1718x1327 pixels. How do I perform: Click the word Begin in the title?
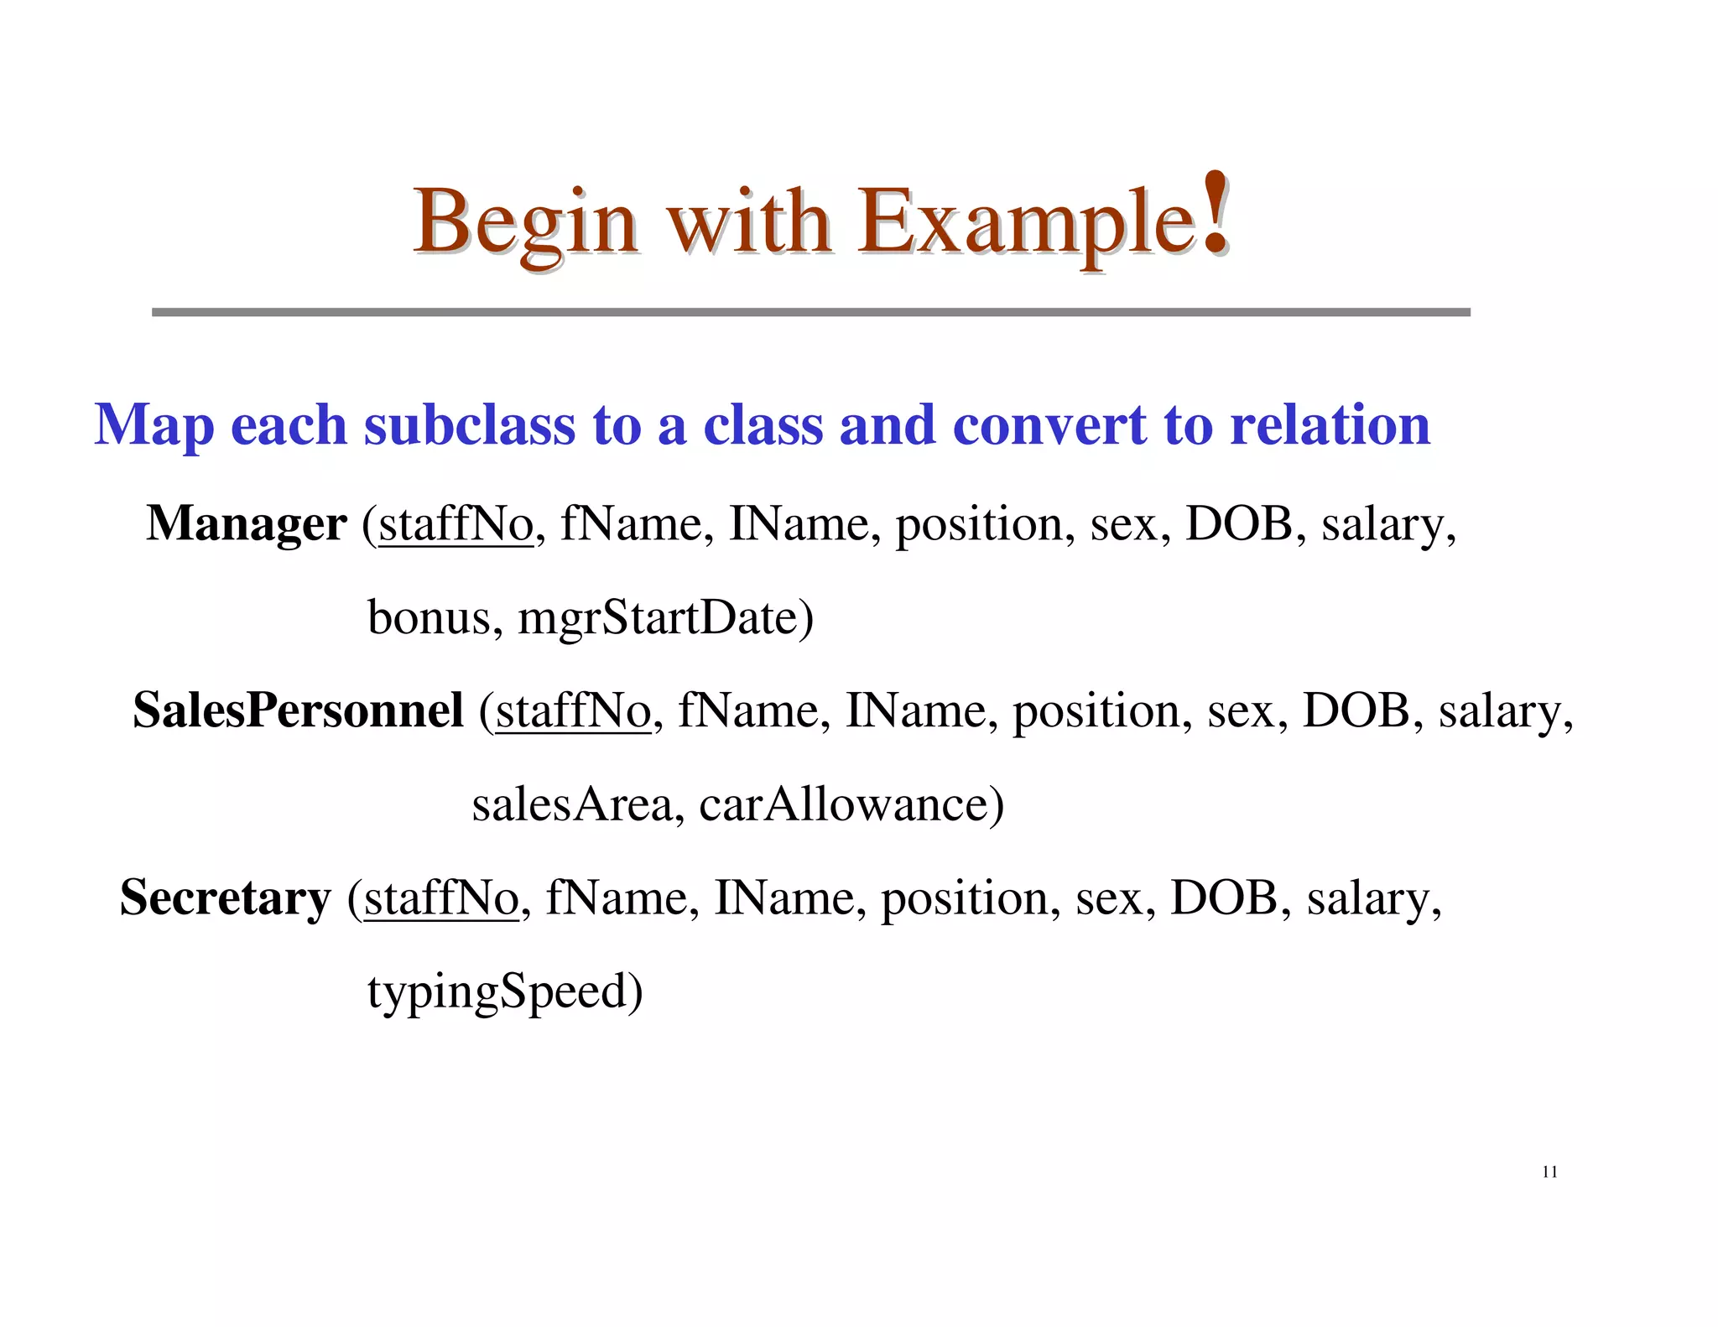tap(525, 223)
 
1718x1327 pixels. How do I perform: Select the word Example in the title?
tap(1026, 223)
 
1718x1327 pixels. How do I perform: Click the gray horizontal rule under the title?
tap(810, 312)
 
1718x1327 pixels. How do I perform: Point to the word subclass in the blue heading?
tap(470, 424)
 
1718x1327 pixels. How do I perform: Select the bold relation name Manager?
tap(246, 523)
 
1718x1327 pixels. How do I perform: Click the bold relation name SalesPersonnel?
tap(298, 710)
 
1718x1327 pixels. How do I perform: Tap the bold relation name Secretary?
tap(226, 898)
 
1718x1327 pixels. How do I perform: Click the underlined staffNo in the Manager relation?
tap(456, 525)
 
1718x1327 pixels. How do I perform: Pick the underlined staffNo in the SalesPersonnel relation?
tap(573, 711)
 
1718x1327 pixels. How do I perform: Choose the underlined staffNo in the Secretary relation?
tap(441, 898)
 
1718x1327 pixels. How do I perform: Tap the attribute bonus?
tap(429, 618)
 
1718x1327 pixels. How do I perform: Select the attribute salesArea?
tap(572, 804)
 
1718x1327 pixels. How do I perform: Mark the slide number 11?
tap(1549, 1172)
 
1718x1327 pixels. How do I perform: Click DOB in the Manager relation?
tap(1238, 525)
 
